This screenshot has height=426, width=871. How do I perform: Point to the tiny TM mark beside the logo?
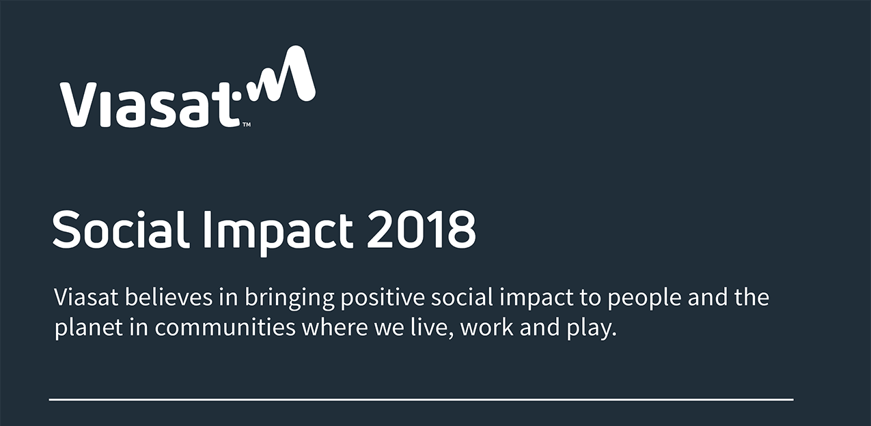click(247, 125)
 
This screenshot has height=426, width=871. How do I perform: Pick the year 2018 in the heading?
click(420, 230)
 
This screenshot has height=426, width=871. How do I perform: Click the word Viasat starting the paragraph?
click(87, 298)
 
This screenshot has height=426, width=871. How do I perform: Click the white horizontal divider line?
click(421, 399)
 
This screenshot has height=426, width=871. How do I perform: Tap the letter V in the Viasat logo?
click(77, 104)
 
